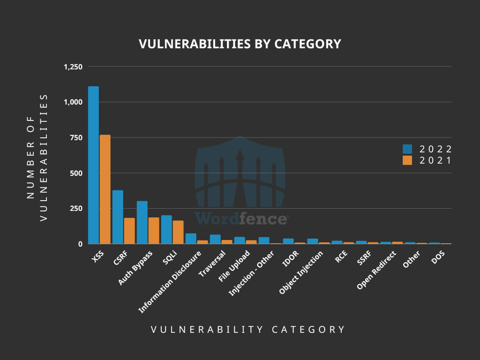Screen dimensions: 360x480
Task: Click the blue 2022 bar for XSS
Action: click(93, 165)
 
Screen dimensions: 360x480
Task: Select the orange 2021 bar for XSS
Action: click(105, 189)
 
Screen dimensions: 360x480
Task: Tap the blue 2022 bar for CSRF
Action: click(118, 217)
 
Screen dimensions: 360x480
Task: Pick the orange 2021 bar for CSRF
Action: click(130, 231)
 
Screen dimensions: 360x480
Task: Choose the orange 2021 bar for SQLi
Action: click(178, 232)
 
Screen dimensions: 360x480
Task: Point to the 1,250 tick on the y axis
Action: click(73, 67)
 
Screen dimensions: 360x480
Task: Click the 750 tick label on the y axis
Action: click(76, 138)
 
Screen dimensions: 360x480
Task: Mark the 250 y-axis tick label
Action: click(76, 209)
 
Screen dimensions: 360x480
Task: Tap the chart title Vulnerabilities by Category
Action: click(240, 44)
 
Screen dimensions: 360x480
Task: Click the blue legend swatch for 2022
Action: click(407, 149)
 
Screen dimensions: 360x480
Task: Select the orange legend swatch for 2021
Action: click(407, 161)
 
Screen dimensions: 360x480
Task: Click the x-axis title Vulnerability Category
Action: click(248, 329)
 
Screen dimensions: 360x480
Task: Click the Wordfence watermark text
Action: click(240, 218)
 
